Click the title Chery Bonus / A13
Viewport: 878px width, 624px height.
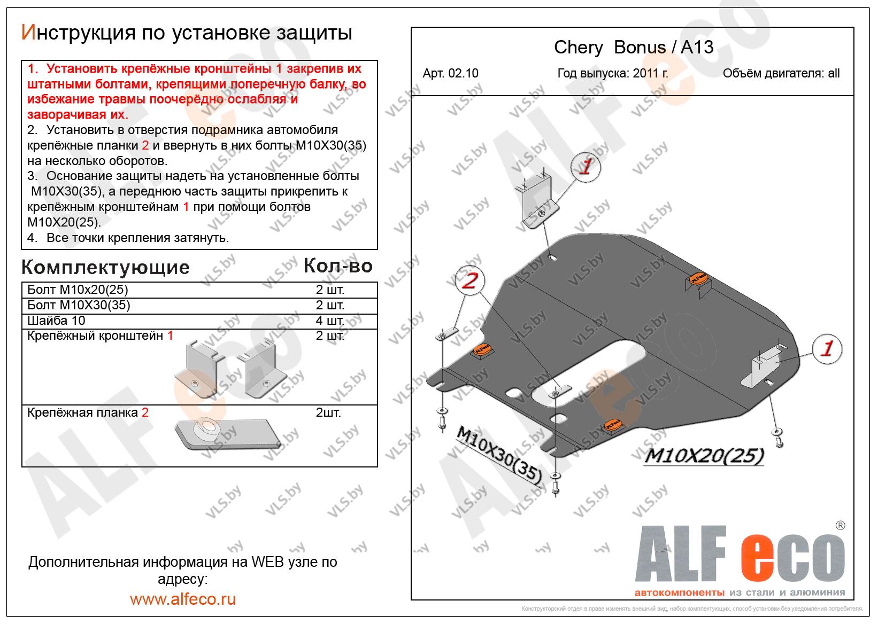coord(634,48)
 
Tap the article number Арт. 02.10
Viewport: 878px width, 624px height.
coord(450,74)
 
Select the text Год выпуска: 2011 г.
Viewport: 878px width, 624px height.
coord(612,74)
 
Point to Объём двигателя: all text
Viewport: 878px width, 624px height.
coord(781,74)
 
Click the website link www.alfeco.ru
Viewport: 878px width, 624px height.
coord(183,599)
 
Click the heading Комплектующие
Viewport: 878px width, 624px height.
coord(105,267)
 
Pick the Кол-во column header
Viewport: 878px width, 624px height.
coord(338,266)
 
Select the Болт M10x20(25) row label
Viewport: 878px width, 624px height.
coord(78,290)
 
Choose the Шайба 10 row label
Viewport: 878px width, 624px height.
coord(56,321)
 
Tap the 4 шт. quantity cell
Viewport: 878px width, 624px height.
coord(330,321)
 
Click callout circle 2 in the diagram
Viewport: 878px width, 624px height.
coord(469,280)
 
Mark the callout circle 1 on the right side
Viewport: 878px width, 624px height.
coord(827,349)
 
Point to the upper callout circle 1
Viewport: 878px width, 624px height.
coord(586,167)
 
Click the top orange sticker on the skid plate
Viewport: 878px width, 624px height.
coord(697,279)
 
